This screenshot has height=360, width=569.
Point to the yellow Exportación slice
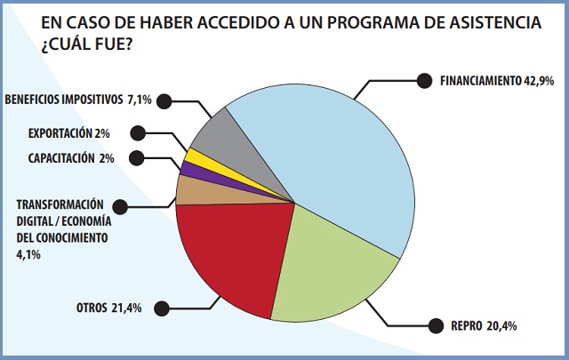pos(192,158)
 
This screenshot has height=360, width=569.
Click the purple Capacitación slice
pos(186,169)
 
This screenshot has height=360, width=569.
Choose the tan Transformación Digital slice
pos(189,188)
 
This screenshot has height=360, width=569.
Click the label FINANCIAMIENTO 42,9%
pos(497,80)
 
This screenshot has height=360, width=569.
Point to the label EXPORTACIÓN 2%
pos(68,133)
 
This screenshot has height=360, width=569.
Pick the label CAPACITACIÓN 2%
pos(68,158)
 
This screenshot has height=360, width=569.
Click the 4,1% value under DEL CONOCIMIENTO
pos(27,254)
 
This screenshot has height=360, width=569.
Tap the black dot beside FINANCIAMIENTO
pos(424,80)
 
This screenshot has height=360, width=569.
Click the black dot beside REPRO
pos(434,325)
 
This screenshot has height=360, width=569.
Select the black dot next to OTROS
pos(161,308)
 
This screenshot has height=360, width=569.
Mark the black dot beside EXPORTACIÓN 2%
pos(136,133)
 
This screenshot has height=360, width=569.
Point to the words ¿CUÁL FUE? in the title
pos(84,42)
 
